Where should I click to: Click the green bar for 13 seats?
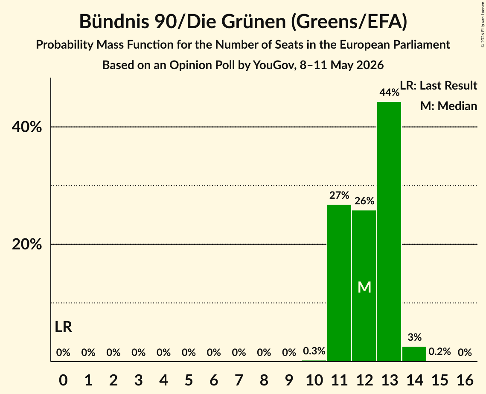pos(389,232)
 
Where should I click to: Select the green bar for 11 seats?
pos(339,283)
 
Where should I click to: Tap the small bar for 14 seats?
pos(414,354)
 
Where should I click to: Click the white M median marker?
pos(364,287)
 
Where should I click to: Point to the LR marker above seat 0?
pos(64,327)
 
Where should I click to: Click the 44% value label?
pos(389,92)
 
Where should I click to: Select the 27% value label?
pos(339,195)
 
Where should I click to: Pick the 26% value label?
pos(364,201)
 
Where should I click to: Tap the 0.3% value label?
pos(314,351)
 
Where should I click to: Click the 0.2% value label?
pos(439,351)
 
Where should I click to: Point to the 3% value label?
pos(414,337)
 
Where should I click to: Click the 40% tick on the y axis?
pos(26,127)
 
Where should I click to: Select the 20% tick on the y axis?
pos(26,244)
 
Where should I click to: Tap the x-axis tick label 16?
pos(465,380)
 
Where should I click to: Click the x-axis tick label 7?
pos(239,380)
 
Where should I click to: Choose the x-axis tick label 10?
pos(314,380)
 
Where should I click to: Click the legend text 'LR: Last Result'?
pos(438,85)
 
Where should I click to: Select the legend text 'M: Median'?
pos(448,106)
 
